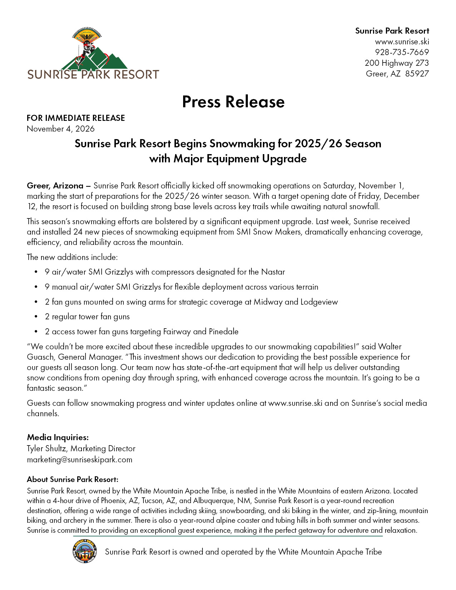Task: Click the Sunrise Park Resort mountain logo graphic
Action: (94, 50)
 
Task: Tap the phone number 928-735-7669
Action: (402, 52)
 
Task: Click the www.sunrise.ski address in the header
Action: (402, 41)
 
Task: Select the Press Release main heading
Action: (233, 102)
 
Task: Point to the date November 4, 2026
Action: (61, 129)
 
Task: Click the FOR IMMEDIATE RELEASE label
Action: (76, 118)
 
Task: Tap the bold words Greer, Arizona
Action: (55, 186)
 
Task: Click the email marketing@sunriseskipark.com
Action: (79, 459)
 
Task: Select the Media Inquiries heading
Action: (58, 437)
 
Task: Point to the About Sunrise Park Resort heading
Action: (73, 480)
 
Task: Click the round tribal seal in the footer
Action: (84, 551)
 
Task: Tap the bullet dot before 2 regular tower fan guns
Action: (36, 317)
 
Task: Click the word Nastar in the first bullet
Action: (273, 272)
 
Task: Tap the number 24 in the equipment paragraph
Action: (78, 232)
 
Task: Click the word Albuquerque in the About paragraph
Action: (213, 501)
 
